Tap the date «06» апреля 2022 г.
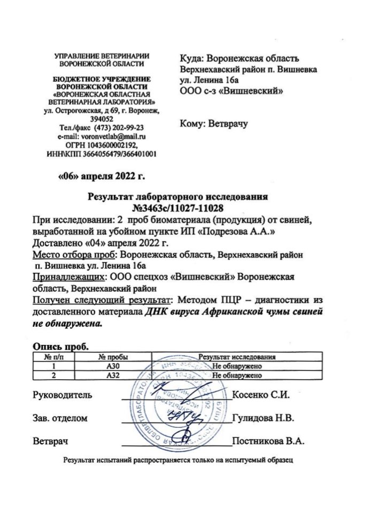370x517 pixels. tap(102, 174)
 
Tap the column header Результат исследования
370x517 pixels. tap(236, 357)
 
